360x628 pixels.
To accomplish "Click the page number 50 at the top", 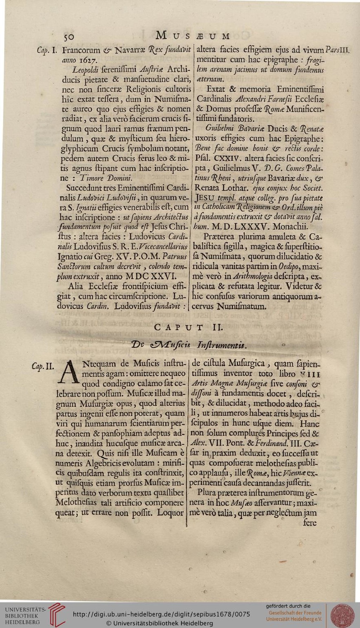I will pos(68,37).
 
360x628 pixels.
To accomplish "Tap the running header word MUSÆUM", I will pos(193,36).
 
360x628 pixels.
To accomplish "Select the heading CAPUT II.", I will pos(189,328).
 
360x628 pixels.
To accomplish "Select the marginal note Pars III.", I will pos(337,50).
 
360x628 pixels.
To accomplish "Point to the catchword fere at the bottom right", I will pos(309,522).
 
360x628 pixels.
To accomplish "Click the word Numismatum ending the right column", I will pos(241,306).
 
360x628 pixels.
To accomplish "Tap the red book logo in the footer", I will pos(56,614).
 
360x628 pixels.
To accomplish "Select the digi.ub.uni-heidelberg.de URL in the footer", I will pos(161,614).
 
